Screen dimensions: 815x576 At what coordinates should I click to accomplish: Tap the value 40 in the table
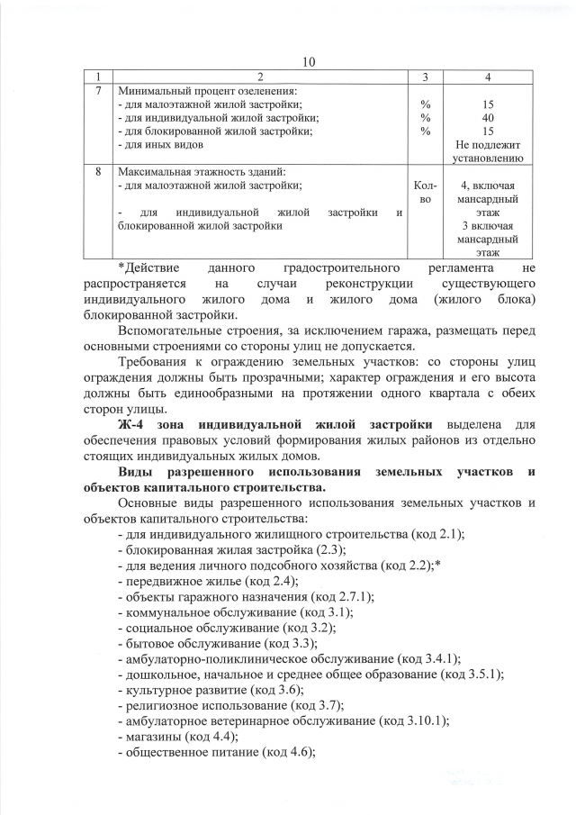487,118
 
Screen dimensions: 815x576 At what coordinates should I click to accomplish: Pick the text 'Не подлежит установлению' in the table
487,150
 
